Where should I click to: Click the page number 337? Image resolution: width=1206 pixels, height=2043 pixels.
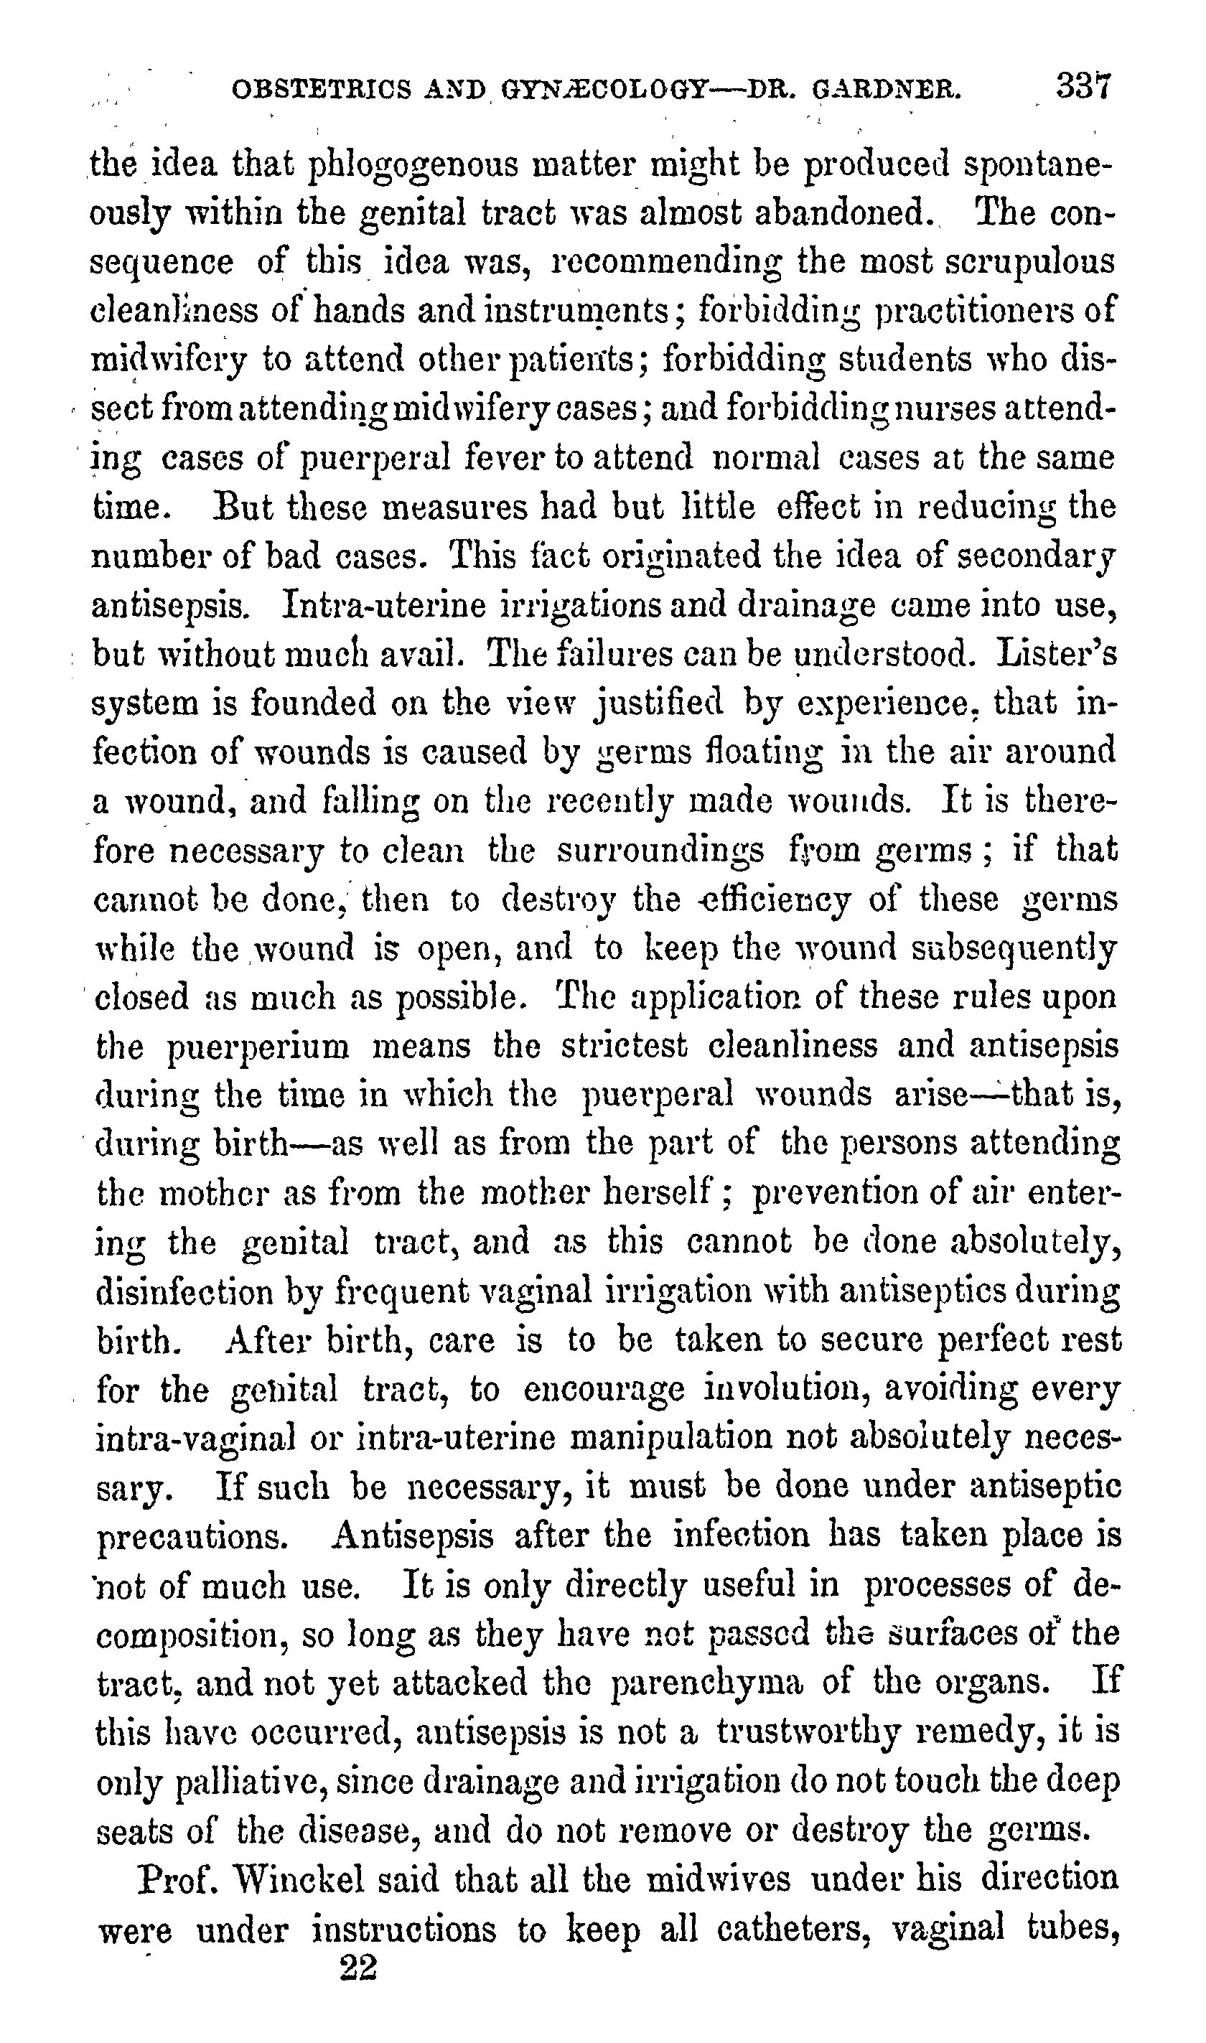point(1083,85)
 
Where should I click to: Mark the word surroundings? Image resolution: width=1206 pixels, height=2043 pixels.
point(660,850)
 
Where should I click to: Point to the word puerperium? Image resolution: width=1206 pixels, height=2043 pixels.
point(258,1047)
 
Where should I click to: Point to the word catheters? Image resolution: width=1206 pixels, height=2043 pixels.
point(780,1927)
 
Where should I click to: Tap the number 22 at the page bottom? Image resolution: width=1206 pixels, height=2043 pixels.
point(358,1968)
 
